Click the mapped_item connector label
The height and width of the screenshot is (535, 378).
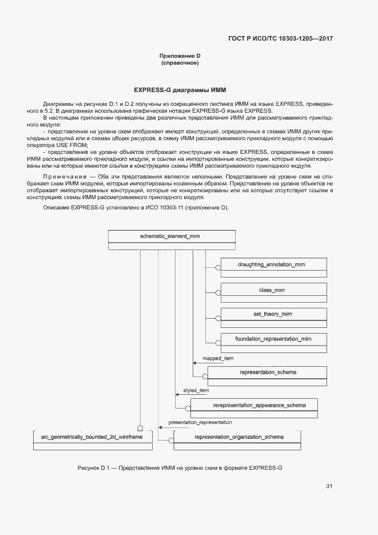218,358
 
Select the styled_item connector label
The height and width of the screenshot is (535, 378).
196,390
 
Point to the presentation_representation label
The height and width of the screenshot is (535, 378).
200,422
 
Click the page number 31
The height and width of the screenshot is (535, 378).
329,486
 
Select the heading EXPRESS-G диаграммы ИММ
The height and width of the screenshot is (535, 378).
180,90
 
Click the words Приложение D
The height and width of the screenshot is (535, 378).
180,56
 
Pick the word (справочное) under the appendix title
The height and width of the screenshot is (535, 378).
180,63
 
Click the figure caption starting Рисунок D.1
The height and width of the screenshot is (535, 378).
180,468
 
